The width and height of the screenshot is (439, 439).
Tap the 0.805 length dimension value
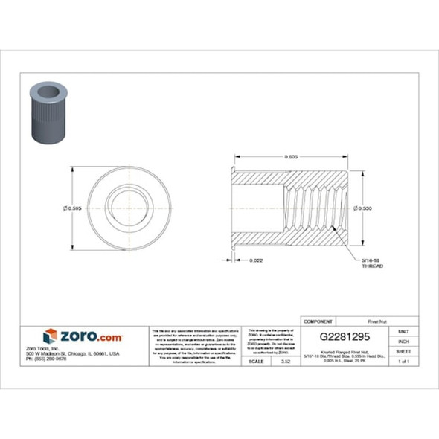(x=292, y=156)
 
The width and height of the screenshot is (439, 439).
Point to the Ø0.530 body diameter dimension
(x=363, y=208)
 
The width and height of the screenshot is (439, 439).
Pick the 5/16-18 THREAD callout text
(x=371, y=262)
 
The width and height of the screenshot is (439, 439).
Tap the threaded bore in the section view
(x=316, y=208)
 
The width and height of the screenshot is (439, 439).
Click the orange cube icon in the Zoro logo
(x=50, y=336)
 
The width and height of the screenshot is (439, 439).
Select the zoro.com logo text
(x=90, y=336)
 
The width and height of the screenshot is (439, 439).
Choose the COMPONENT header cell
(x=318, y=321)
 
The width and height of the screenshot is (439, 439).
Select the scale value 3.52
(x=285, y=361)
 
